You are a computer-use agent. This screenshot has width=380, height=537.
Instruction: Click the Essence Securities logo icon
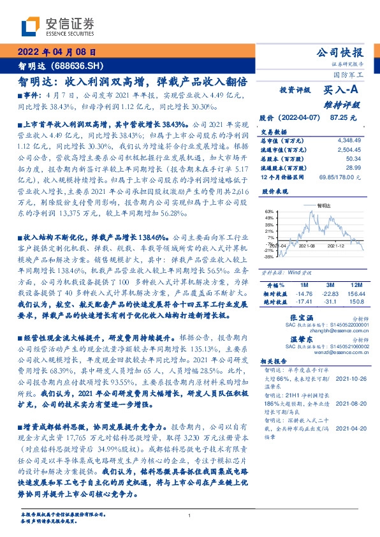(x=31, y=26)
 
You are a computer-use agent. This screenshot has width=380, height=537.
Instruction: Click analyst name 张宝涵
(x=300, y=317)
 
